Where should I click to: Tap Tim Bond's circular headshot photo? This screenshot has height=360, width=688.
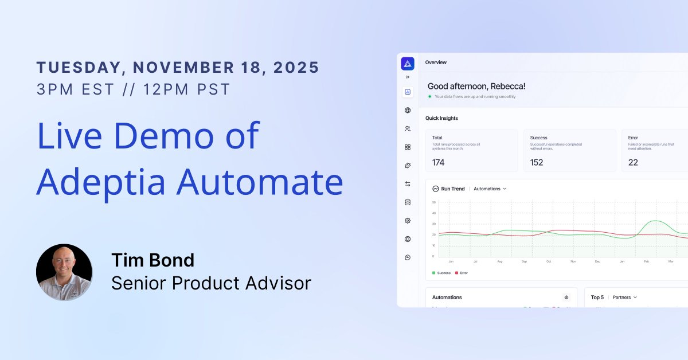pos(64,272)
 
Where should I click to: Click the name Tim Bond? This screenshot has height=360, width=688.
pos(153,260)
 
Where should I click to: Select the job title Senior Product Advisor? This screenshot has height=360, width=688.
pos(211,283)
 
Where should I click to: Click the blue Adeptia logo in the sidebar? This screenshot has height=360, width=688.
pos(408,63)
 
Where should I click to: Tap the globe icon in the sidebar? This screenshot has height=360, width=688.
pos(408,110)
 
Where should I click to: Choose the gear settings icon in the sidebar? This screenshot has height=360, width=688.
pos(408,221)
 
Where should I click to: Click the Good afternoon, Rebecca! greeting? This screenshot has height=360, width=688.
pos(476,86)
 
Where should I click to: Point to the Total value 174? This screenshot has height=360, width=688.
pos(438,162)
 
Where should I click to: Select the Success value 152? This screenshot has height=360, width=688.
pos(537,162)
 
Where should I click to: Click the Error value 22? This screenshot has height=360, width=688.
pos(633,162)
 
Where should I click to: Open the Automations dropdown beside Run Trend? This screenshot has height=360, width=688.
pos(490,189)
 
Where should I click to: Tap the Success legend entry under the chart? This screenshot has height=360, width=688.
pos(441,273)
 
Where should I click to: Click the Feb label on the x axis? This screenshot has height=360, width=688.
pos(646,261)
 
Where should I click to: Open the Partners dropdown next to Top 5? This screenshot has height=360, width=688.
pos(624,298)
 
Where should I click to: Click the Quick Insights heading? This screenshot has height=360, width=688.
pos(441,118)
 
